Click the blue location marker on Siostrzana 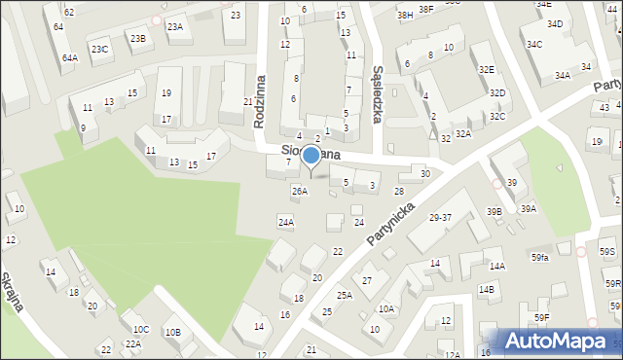pyautogui.click(x=311, y=156)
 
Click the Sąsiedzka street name pyautogui.click(x=378, y=92)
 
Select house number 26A pyautogui.click(x=299, y=191)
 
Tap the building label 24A pyautogui.click(x=285, y=223)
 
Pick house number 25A pyautogui.click(x=345, y=295)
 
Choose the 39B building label pyautogui.click(x=495, y=212)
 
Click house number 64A pyautogui.click(x=69, y=57)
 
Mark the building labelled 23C pyautogui.click(x=99, y=49)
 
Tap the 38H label pyautogui.click(x=405, y=16)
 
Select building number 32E pyautogui.click(x=486, y=69)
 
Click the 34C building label pyautogui.click(x=534, y=45)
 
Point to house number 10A pyautogui.click(x=386, y=308)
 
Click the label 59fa pyautogui.click(x=539, y=257)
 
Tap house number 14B pyautogui.click(x=486, y=289)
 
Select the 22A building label pyautogui.click(x=133, y=343)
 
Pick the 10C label pyautogui.click(x=141, y=329)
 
